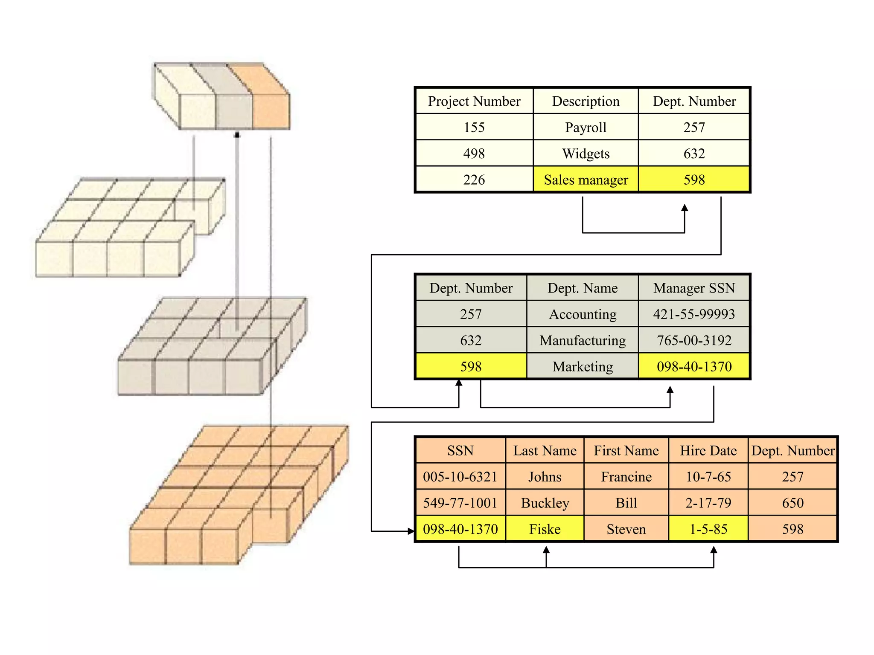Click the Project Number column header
click(474, 101)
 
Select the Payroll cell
click(586, 128)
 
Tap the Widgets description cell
click(586, 154)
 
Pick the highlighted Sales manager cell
click(586, 180)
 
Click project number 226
click(474, 180)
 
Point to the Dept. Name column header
click(583, 288)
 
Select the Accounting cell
click(583, 314)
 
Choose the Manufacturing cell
click(583, 341)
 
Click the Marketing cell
click(583, 367)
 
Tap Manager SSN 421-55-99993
click(694, 314)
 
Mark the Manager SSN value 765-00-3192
click(694, 341)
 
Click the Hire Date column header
click(708, 451)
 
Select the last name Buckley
click(545, 503)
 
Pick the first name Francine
click(626, 477)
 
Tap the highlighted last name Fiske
click(545, 529)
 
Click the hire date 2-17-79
click(708, 503)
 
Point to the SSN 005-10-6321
click(460, 477)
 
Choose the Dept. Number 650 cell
click(792, 503)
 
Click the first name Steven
click(626, 529)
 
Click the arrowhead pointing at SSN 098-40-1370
click(411, 531)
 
